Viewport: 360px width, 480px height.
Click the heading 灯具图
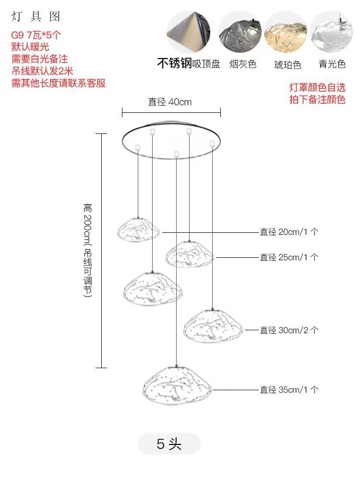(x=36, y=16)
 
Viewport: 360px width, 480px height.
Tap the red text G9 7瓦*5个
(x=36, y=35)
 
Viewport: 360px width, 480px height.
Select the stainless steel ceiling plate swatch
(x=188, y=32)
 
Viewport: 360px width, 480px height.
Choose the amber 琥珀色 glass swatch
(x=286, y=32)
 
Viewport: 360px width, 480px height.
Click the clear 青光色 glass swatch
(x=332, y=32)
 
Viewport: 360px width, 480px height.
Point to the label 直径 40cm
(x=170, y=102)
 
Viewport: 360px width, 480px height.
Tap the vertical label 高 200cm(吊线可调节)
(x=88, y=250)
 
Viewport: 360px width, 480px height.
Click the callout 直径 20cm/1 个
(x=289, y=232)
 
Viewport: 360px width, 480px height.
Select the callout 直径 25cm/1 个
(x=289, y=257)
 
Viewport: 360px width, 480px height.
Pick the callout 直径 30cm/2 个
(x=289, y=330)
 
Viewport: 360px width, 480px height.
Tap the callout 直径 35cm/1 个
(x=289, y=390)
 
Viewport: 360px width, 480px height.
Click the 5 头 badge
(x=169, y=444)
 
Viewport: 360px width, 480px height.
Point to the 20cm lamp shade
(x=139, y=230)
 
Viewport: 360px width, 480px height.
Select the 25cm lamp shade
(x=190, y=254)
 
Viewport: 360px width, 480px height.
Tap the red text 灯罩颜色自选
(x=317, y=87)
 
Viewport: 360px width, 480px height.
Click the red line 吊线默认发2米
(x=42, y=71)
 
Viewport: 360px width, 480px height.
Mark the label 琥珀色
(x=288, y=65)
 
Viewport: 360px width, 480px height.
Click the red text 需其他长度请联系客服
(x=59, y=83)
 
